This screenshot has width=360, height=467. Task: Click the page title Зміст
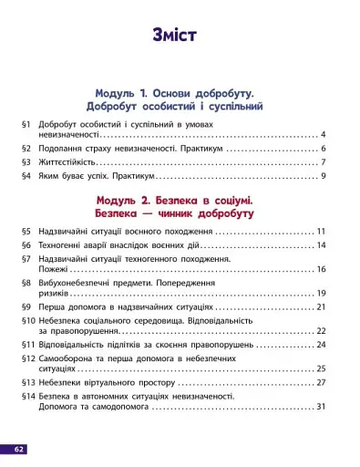pos(180,36)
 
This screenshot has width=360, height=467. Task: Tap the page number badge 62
pos(19,449)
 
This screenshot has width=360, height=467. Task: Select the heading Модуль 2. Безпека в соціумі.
pos(179,199)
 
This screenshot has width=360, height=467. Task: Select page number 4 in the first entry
pos(323,135)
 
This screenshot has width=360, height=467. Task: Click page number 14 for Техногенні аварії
pos(321,245)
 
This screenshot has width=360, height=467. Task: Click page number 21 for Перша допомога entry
pos(321,308)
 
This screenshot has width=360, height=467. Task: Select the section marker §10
pos(26,322)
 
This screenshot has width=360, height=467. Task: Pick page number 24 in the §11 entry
pos(321,346)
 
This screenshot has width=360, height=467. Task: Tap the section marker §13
pos(26,383)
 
